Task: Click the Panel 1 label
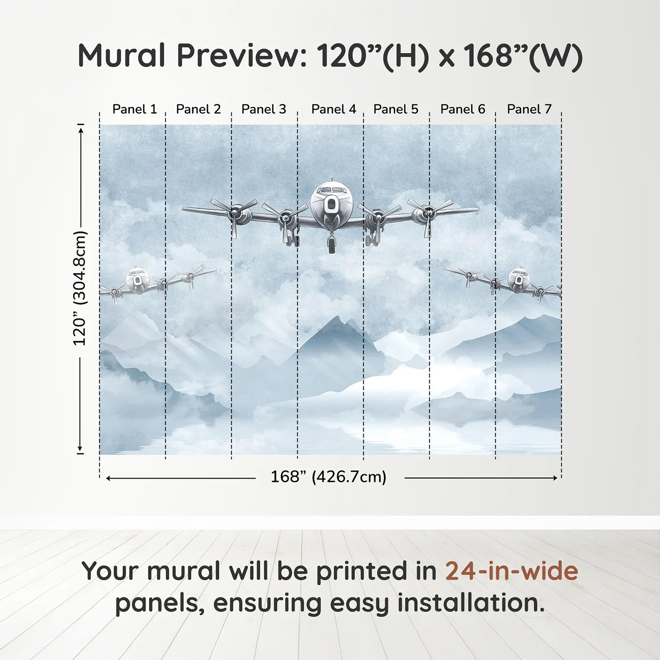click(x=134, y=109)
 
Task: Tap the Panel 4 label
click(x=333, y=109)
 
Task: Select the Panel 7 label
click(x=529, y=109)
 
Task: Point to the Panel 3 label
click(x=264, y=109)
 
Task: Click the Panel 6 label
click(x=462, y=109)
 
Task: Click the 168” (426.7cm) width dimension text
click(x=328, y=477)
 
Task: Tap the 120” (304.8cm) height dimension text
click(x=80, y=289)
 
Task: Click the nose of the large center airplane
click(x=331, y=204)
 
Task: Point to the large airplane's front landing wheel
click(x=332, y=245)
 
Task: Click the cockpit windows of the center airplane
click(x=331, y=190)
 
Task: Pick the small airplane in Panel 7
click(x=519, y=280)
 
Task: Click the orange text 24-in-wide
click(x=511, y=571)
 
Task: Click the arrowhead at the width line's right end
click(x=555, y=478)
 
